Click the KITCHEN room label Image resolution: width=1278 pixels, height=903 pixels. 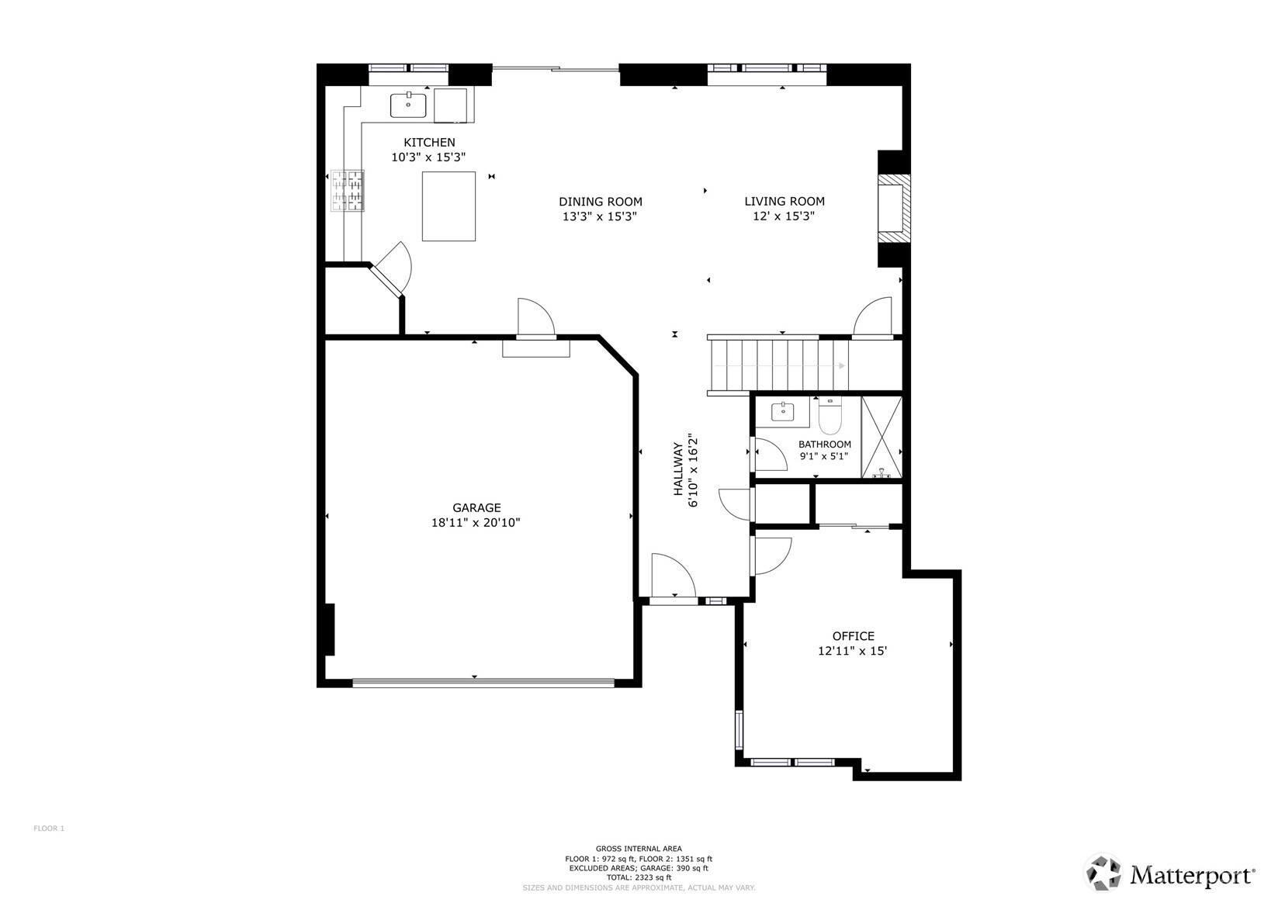point(429,143)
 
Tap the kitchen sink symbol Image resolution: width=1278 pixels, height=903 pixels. point(408,106)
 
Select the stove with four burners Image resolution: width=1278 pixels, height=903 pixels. point(348,191)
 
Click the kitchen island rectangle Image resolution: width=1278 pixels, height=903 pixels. point(449,206)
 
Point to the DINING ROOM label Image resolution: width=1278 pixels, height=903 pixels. point(601,202)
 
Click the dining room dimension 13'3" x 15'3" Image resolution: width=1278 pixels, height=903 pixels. point(600,216)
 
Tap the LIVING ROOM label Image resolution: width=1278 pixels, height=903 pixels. point(784,202)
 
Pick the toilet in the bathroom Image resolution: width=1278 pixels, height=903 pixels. point(830,416)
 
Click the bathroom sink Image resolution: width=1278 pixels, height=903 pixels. point(783,411)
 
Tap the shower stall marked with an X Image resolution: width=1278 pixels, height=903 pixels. point(881,437)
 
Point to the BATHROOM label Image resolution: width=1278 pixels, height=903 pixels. point(824,445)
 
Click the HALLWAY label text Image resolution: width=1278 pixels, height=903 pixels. point(677,469)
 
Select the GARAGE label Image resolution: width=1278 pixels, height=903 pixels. point(476,507)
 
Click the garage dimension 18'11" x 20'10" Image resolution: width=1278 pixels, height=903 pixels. point(476,523)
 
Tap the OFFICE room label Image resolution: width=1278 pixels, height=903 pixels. point(853,636)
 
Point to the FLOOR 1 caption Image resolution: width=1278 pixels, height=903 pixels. point(49,829)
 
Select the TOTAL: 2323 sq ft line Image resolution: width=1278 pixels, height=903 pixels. point(639,877)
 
